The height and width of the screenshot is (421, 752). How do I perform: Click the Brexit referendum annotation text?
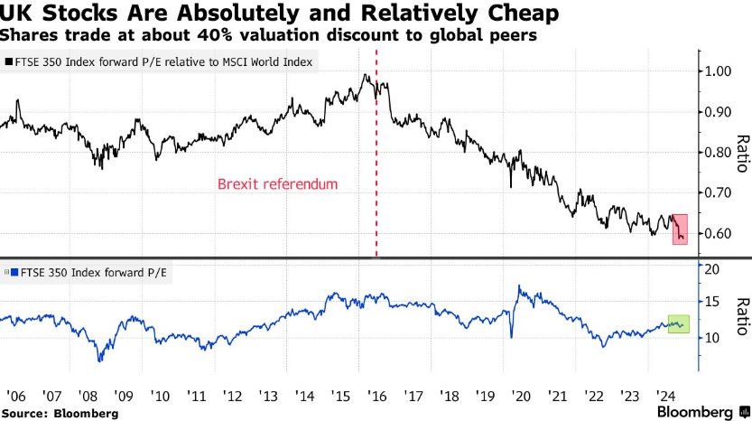pyautogui.click(x=277, y=184)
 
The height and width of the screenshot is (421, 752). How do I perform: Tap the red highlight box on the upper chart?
pyautogui.click(x=681, y=228)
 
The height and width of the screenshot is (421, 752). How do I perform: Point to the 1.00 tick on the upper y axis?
pyautogui.click(x=720, y=71)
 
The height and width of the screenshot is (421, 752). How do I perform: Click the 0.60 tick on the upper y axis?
pyautogui.click(x=720, y=234)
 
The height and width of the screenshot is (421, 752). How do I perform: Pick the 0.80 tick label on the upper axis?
pyautogui.click(x=720, y=153)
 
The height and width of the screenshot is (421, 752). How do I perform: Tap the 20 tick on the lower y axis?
pyautogui.click(x=712, y=270)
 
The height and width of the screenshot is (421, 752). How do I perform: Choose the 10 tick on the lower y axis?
pyautogui.click(x=712, y=338)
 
